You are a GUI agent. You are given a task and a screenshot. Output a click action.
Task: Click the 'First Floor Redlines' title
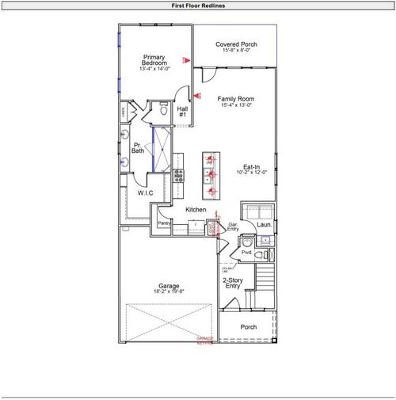(198, 5)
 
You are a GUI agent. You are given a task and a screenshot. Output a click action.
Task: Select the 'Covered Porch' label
(237, 44)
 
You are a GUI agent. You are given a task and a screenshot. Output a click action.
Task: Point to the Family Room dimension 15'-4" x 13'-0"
(236, 105)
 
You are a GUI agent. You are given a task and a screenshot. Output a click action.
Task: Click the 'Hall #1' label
(182, 112)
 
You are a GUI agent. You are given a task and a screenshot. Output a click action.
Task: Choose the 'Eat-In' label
(253, 166)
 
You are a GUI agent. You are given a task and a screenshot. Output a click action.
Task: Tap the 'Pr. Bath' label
(138, 148)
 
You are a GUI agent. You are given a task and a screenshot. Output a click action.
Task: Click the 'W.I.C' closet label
(145, 192)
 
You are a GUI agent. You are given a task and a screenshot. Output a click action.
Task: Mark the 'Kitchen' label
(196, 210)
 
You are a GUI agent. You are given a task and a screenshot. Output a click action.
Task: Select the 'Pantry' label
(164, 223)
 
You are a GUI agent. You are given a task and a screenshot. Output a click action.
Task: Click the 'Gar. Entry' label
(234, 227)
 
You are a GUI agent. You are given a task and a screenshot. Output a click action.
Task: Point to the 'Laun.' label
(265, 225)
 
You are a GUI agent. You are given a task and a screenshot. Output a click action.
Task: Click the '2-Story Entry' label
(233, 283)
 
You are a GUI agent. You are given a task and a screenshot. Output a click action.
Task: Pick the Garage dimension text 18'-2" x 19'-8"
(169, 291)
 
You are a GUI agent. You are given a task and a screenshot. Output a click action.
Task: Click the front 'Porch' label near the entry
(249, 326)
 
